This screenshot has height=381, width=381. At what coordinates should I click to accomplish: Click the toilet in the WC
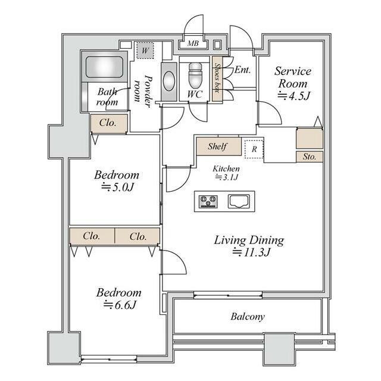195,76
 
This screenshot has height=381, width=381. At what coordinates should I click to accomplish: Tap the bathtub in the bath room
104,67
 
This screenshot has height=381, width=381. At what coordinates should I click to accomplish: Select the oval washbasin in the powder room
168,81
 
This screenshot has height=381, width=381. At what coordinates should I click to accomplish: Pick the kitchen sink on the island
238,201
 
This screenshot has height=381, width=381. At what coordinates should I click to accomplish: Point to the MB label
193,43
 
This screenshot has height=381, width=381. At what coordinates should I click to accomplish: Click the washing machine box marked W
145,51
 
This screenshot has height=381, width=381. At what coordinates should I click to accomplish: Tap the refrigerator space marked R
254,149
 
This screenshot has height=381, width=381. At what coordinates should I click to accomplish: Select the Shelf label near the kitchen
217,146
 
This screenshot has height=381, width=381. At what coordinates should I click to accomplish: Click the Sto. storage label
310,157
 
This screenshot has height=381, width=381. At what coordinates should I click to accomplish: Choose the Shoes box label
217,78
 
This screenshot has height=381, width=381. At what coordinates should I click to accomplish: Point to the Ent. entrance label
242,70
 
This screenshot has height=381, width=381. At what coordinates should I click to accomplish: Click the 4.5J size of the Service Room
293,96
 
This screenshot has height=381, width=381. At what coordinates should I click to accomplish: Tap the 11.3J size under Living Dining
251,252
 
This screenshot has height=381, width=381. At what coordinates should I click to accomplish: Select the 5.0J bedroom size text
117,187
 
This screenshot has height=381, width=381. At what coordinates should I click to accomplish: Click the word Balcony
248,317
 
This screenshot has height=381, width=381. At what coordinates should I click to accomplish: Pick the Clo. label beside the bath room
108,123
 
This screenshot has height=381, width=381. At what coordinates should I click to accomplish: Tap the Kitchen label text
226,168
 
